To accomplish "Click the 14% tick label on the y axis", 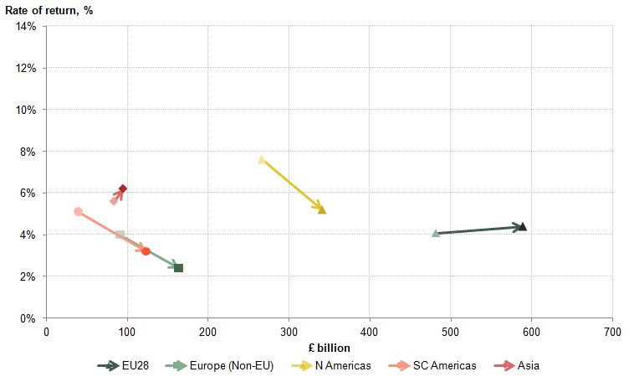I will pyautogui.click(x=25, y=27).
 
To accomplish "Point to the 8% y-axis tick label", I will pyautogui.click(x=28, y=152).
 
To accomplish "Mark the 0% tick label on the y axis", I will pyautogui.click(x=28, y=318).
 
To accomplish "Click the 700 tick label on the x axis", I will pyautogui.click(x=612, y=333).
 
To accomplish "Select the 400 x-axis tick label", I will pyautogui.click(x=370, y=333).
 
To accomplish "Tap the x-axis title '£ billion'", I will pyautogui.click(x=329, y=348).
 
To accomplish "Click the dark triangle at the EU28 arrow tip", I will pyautogui.click(x=523, y=227).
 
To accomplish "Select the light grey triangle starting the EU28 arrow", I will pyautogui.click(x=436, y=233).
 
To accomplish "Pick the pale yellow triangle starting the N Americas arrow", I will pyautogui.click(x=262, y=159).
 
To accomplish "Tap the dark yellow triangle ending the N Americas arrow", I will pyautogui.click(x=322, y=209).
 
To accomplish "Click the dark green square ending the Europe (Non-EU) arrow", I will pyautogui.click(x=178, y=268).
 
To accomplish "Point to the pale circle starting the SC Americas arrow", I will pyautogui.click(x=78, y=212).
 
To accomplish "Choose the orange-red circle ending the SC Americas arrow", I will pyautogui.click(x=146, y=251).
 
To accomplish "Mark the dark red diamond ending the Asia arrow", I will pyautogui.click(x=123, y=188).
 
